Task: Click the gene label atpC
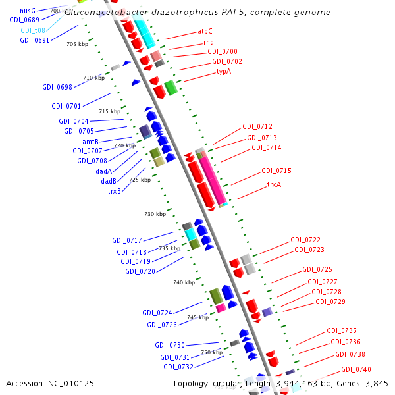click(205, 31)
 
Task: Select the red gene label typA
click(224, 70)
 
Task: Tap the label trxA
click(274, 184)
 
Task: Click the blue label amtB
click(91, 142)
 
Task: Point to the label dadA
click(104, 171)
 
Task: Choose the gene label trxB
click(115, 191)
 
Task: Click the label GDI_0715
click(276, 171)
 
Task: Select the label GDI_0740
click(355, 369)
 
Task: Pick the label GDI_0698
click(57, 87)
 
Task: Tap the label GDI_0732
click(178, 367)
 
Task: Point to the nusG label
click(28, 11)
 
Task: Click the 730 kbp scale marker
click(155, 214)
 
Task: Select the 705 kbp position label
click(77, 44)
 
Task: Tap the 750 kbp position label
click(211, 352)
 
